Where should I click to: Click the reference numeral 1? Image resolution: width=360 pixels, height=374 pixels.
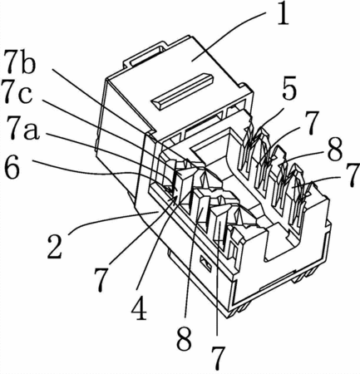pyautogui.click(x=283, y=14)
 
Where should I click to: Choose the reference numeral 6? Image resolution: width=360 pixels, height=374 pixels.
pyautogui.click(x=12, y=168)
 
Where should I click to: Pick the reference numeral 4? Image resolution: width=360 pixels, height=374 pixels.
pyautogui.click(x=140, y=308)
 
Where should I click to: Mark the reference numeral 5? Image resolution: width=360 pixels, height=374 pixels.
pyautogui.click(x=289, y=90)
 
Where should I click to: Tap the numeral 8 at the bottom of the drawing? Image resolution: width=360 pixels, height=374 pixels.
pyautogui.click(x=185, y=338)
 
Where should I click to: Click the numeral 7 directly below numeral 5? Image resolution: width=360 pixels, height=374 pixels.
pyautogui.click(x=312, y=123)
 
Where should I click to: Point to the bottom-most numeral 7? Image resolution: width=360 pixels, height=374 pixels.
pyautogui.click(x=218, y=358)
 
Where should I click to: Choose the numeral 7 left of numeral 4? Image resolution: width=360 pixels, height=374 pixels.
pyautogui.click(x=101, y=280)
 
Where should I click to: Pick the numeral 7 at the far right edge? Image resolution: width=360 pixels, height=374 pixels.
pyautogui.click(x=352, y=175)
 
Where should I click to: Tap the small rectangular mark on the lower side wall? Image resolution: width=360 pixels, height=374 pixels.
pyautogui.click(x=206, y=263)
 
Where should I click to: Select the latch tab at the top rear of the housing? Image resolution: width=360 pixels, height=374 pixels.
pyautogui.click(x=144, y=57)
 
